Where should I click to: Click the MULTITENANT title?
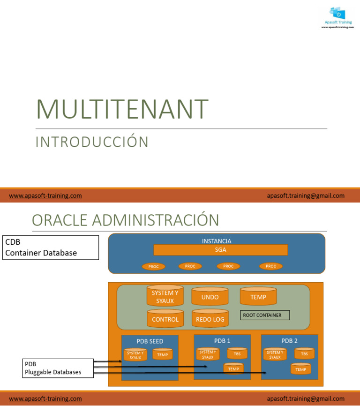click(122, 109)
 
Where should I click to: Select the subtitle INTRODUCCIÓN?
click(92, 142)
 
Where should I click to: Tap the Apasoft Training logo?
click(337, 17)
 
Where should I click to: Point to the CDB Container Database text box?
click(51, 247)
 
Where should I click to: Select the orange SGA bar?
click(220, 250)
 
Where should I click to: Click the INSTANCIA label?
click(216, 241)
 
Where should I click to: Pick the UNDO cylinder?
click(210, 297)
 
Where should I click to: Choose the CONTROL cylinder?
click(165, 319)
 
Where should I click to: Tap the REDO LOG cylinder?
click(210, 319)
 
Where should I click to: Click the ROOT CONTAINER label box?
click(265, 315)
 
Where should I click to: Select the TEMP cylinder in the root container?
click(258, 297)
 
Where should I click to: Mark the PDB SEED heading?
click(150, 341)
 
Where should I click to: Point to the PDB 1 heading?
click(222, 340)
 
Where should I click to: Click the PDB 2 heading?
click(289, 341)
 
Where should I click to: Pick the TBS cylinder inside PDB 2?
click(304, 354)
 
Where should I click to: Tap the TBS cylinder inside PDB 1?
click(237, 353)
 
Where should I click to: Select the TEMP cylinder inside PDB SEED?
click(162, 354)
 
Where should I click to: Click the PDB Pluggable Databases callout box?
click(58, 368)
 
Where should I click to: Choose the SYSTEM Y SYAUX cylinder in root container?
click(165, 296)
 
